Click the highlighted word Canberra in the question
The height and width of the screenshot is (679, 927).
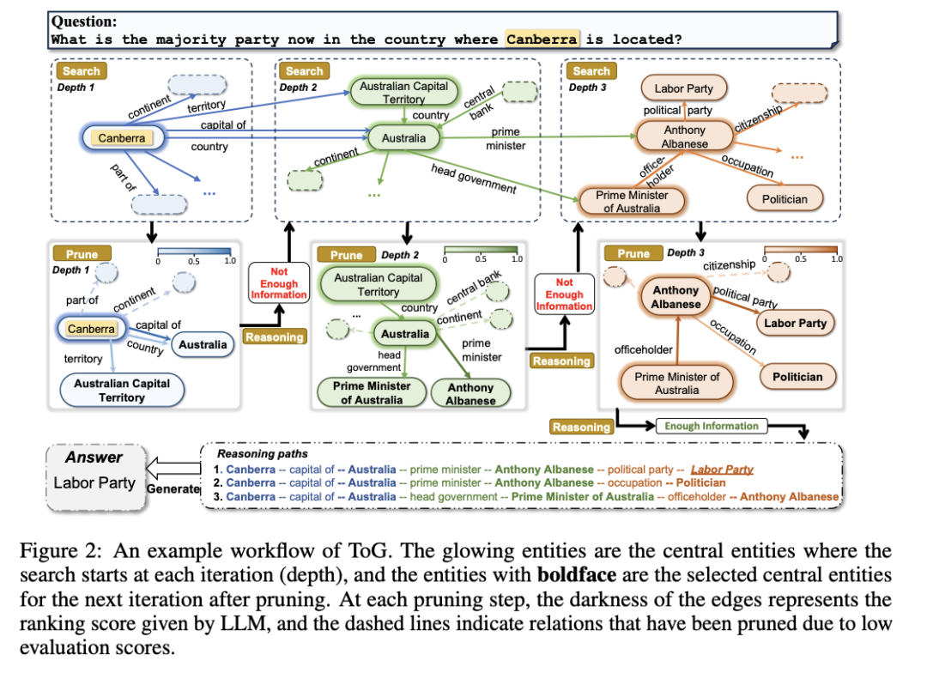(x=541, y=39)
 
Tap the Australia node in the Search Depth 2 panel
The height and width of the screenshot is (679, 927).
(x=403, y=137)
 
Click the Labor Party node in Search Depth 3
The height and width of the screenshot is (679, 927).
(x=683, y=88)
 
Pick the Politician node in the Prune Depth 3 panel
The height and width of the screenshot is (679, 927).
(x=797, y=377)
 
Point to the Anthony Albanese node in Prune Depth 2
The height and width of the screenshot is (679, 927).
(x=470, y=393)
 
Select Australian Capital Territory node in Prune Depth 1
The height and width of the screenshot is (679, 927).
(x=122, y=391)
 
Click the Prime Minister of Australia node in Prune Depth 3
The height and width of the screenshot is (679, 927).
(x=676, y=383)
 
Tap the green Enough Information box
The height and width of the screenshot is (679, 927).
(x=712, y=426)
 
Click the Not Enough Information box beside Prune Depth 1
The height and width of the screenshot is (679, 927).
(x=278, y=283)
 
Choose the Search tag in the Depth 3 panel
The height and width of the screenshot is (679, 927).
(x=591, y=71)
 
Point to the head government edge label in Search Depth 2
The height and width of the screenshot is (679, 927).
(x=473, y=176)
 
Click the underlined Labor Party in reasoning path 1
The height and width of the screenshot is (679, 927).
(x=722, y=470)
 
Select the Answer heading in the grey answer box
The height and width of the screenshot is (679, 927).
(x=94, y=458)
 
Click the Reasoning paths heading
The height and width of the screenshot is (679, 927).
(x=262, y=453)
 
